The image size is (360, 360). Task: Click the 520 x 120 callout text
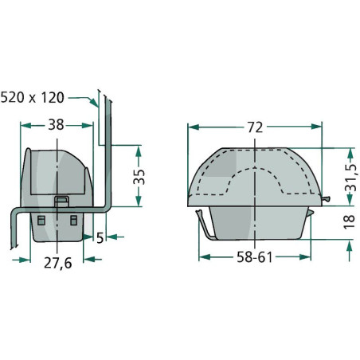(33, 97)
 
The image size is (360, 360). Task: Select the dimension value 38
(56, 124)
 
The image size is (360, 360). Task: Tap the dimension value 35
(139, 177)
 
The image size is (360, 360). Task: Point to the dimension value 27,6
(57, 263)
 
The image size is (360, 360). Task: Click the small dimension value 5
(100, 238)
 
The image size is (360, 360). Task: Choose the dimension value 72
(255, 127)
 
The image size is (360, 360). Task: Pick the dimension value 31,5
(350, 178)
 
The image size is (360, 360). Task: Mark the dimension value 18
(350, 222)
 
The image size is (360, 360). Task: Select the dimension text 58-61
(254, 257)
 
